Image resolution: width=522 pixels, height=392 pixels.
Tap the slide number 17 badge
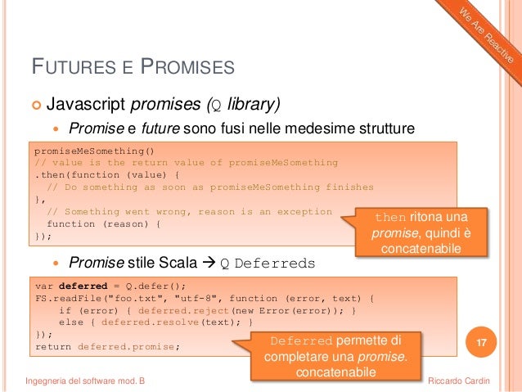pyautogui.click(x=482, y=340)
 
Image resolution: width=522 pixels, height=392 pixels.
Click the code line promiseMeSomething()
pyautogui.click(x=92, y=151)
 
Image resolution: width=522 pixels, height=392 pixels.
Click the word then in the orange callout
pyautogui.click(x=389, y=218)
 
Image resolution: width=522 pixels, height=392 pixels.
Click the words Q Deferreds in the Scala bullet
pyautogui.click(x=268, y=264)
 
